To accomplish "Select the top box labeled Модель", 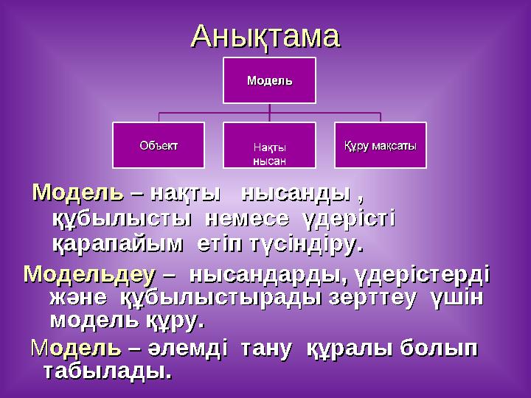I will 269,80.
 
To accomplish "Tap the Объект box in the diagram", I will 159,144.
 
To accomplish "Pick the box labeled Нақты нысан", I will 269,153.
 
